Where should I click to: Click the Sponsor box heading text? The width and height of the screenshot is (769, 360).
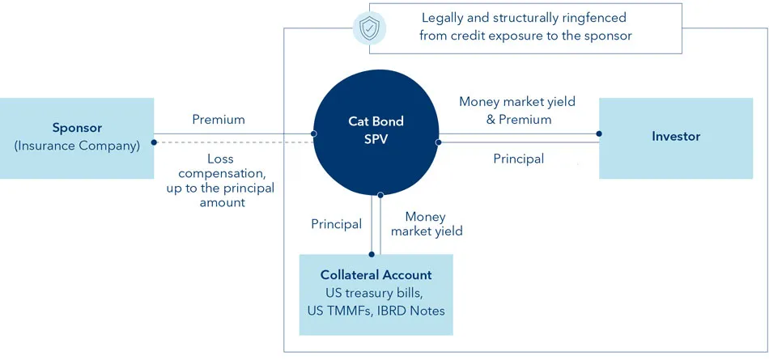[x=77, y=127]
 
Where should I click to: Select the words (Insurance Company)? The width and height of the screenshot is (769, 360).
[x=77, y=146]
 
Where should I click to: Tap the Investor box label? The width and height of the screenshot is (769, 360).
[x=676, y=137]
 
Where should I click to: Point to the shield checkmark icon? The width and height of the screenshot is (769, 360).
[x=368, y=29]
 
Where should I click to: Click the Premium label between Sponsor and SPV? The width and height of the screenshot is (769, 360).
[x=218, y=120]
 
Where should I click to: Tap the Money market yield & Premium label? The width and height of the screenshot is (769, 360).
[x=516, y=110]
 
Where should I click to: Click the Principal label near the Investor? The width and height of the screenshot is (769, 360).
[x=518, y=159]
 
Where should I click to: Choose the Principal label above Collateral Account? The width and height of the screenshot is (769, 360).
[x=336, y=224]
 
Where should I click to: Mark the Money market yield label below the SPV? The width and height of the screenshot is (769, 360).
[x=427, y=224]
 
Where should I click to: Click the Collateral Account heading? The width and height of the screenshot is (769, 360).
[x=376, y=275]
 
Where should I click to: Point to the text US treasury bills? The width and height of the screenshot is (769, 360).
[x=376, y=292]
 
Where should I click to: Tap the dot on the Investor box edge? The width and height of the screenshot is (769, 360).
[x=599, y=133]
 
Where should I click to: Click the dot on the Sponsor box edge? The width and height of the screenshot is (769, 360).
[x=154, y=142]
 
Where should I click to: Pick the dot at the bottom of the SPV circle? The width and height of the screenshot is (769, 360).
[x=380, y=195]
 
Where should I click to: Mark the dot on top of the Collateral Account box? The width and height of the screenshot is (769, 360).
[x=372, y=254]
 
